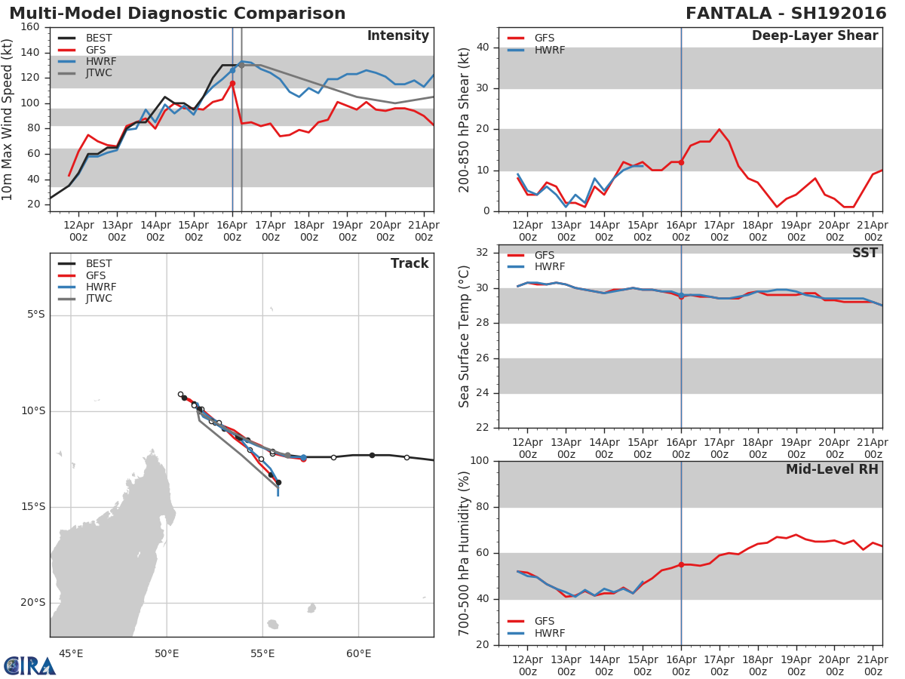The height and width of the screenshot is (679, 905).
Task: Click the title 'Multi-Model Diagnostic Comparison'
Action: (177, 14)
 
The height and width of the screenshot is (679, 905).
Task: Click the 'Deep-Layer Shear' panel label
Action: (814, 36)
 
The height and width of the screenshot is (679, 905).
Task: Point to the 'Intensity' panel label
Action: (397, 36)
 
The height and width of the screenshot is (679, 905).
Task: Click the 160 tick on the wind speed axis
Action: (30, 27)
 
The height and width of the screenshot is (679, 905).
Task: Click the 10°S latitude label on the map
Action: (32, 411)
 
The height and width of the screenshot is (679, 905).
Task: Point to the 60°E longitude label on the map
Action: (358, 653)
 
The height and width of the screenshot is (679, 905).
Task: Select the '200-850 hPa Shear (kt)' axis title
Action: (465, 119)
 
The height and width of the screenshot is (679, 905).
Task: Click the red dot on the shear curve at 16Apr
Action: (681, 162)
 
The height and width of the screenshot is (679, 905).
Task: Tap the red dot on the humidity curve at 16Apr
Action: (681, 564)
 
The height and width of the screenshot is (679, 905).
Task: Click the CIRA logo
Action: (29, 665)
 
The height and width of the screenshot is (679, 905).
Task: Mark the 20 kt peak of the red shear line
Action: (719, 129)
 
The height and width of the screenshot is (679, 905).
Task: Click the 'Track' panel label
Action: (410, 263)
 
